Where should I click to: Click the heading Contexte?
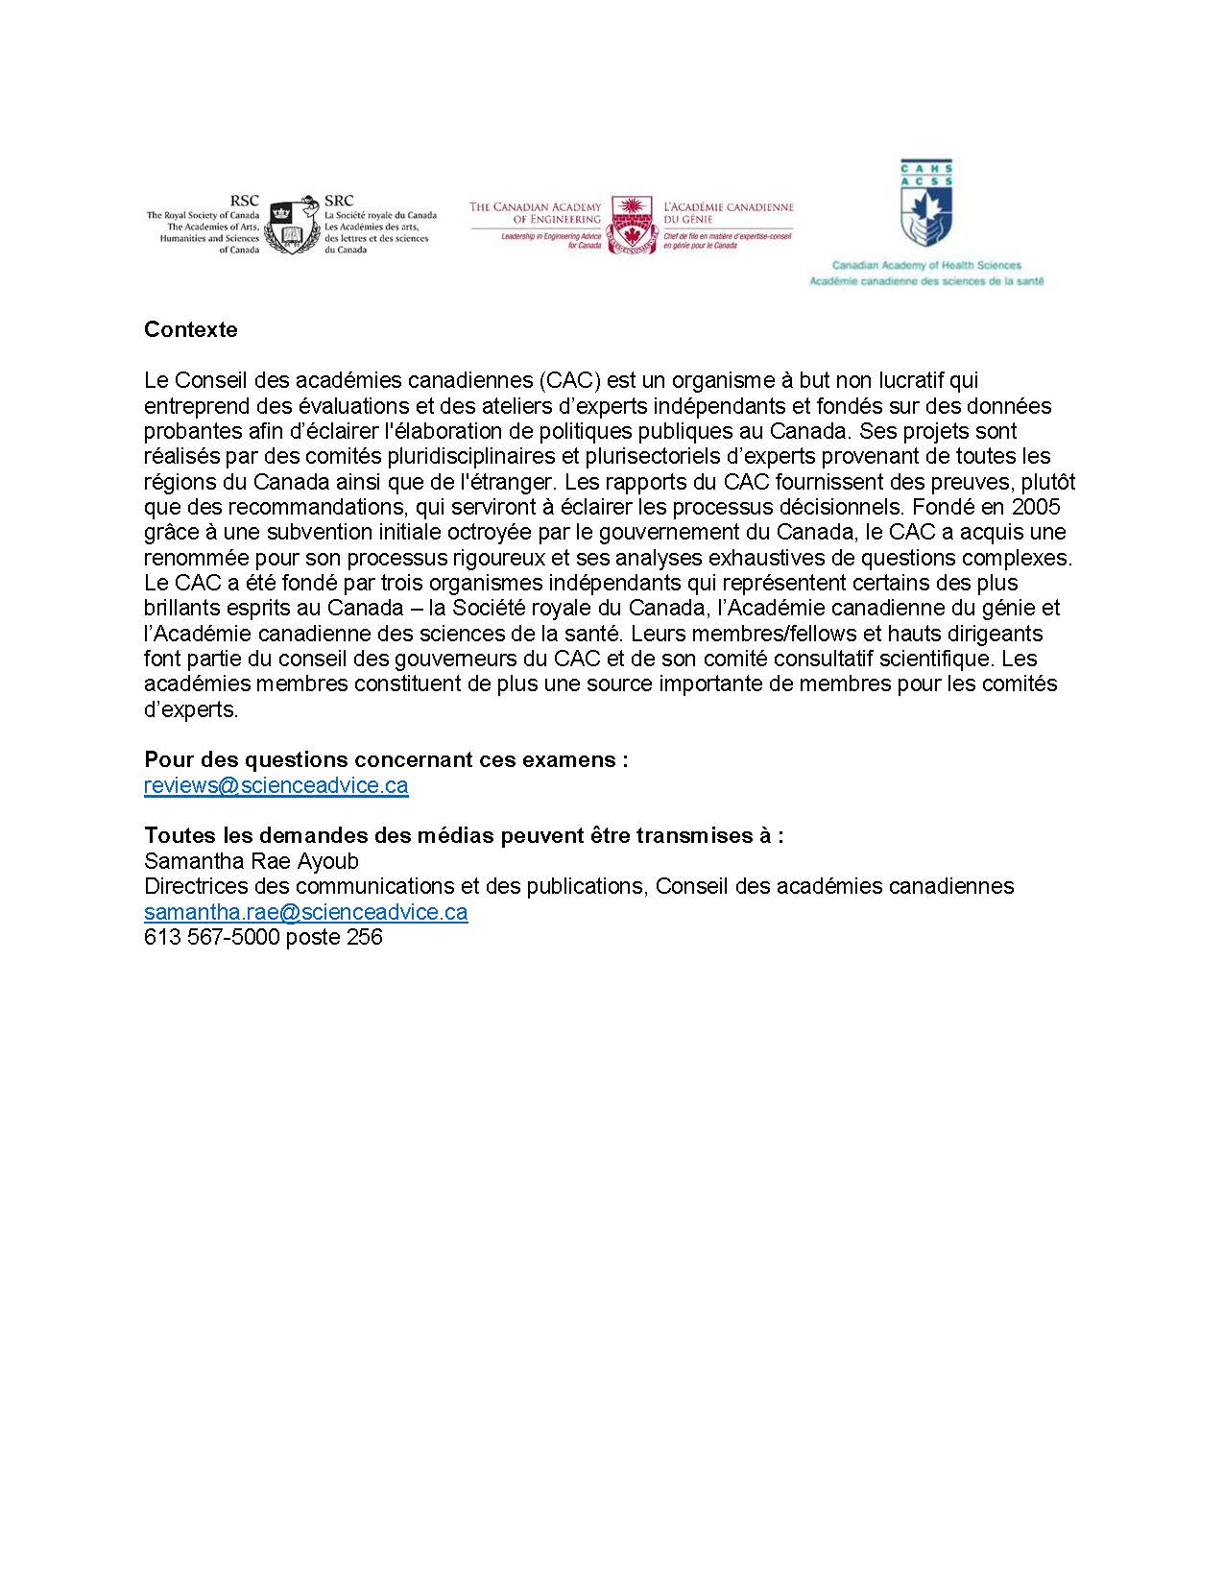coord(190,329)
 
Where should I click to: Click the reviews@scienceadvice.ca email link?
coord(276,785)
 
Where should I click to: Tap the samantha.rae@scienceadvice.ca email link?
coord(305,912)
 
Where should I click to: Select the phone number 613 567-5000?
coord(212,937)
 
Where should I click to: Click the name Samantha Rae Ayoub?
coord(251,861)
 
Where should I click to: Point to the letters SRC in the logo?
coord(339,201)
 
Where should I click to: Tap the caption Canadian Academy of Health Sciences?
coord(925,265)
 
